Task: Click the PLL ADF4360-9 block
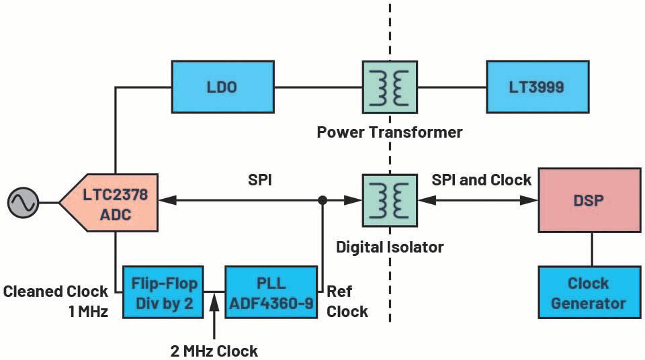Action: click(x=270, y=293)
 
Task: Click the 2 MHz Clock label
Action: click(x=214, y=351)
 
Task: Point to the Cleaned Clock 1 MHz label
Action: click(x=55, y=301)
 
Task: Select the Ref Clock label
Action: click(x=347, y=301)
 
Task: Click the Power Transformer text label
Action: click(x=390, y=132)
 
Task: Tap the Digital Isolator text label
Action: click(x=390, y=246)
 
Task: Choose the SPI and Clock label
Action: click(x=481, y=179)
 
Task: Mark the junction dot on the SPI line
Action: click(x=322, y=200)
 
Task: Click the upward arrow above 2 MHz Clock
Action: click(x=214, y=306)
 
